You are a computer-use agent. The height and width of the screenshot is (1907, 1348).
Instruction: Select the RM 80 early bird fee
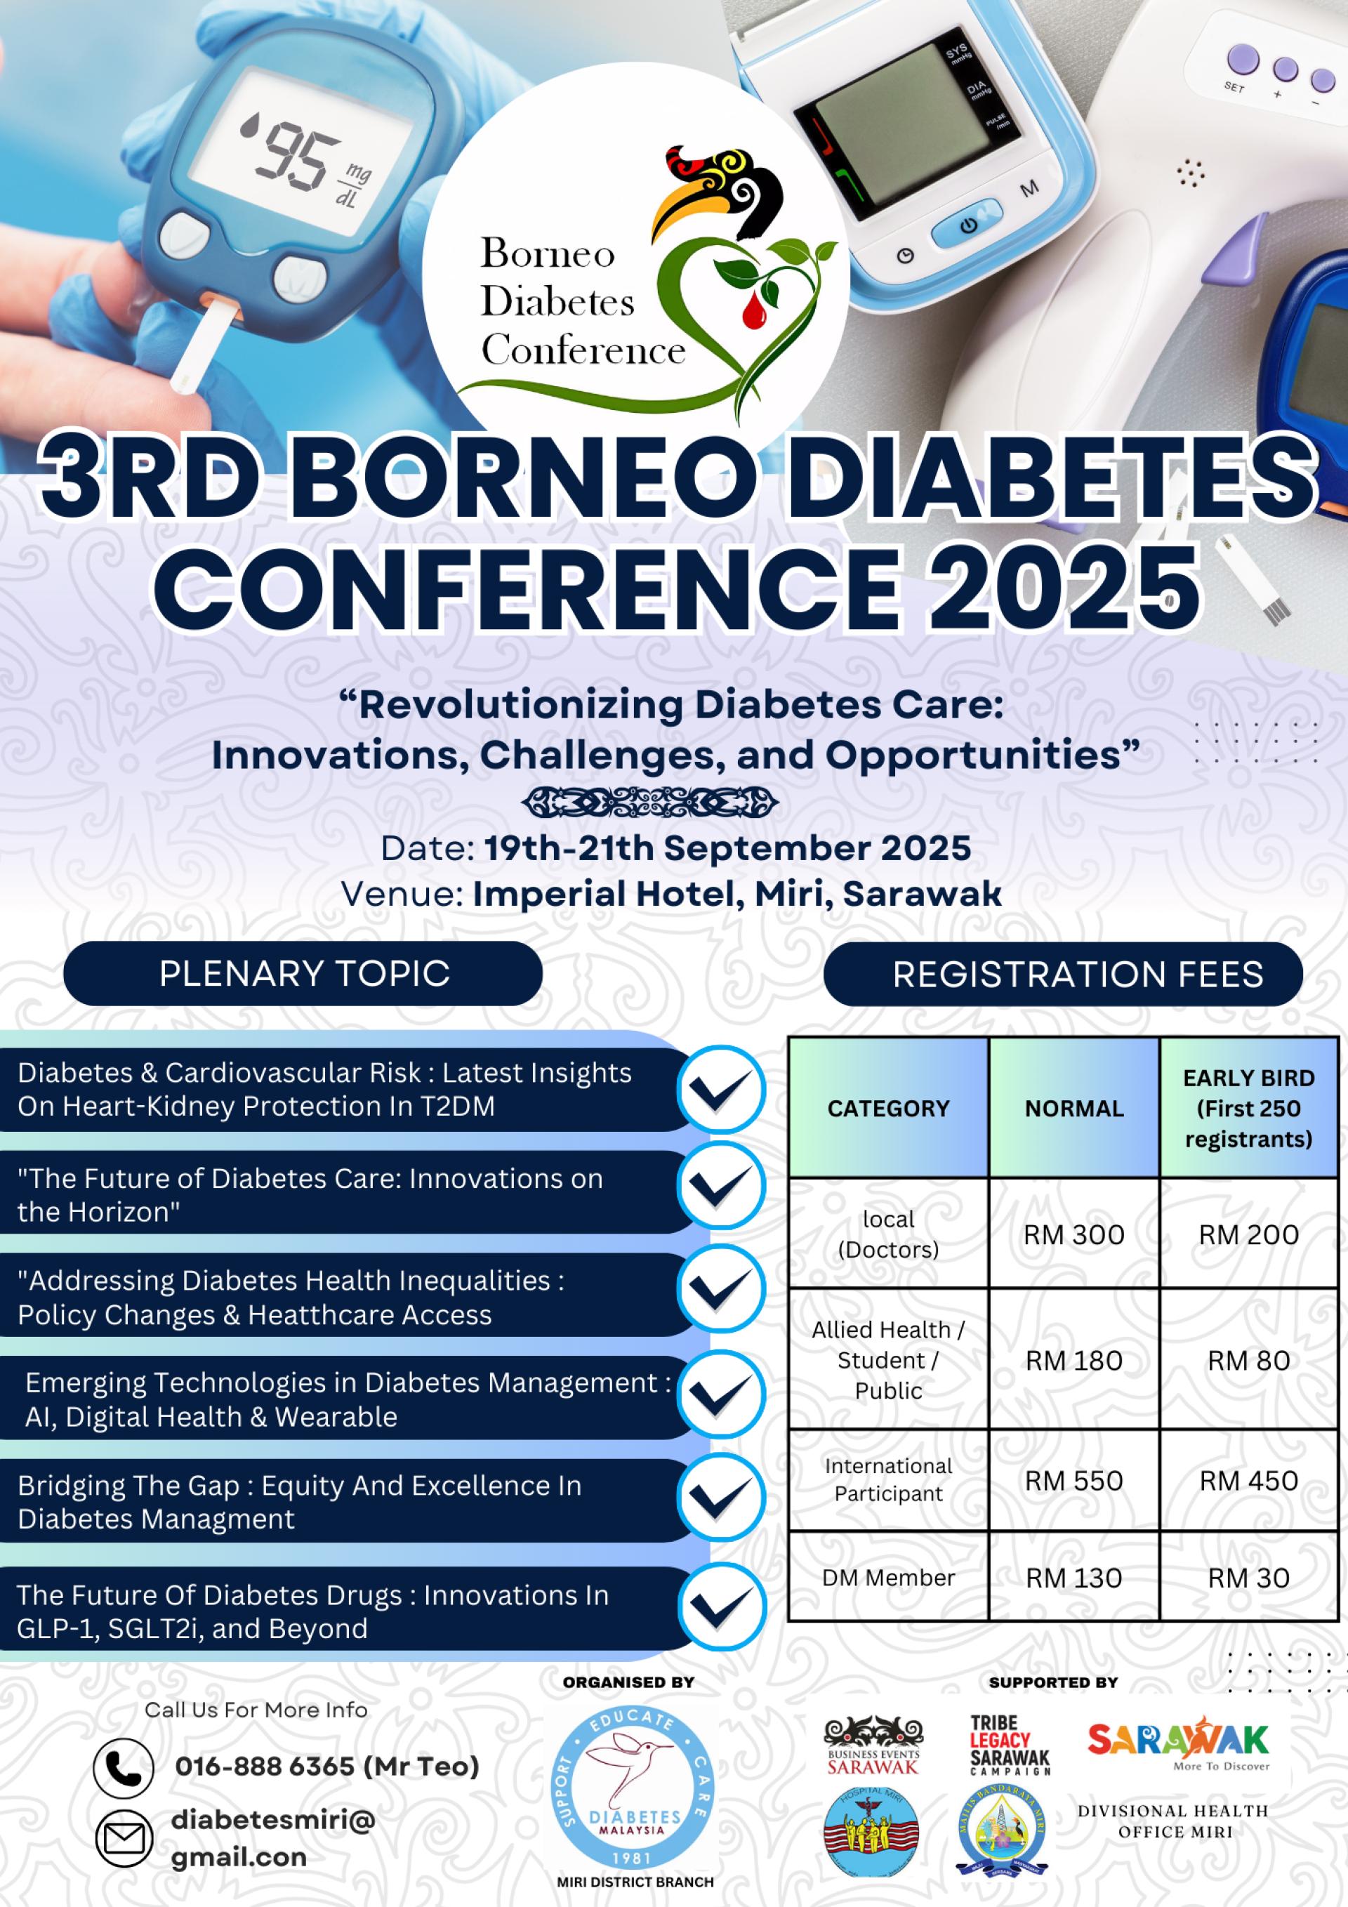pyautogui.click(x=1248, y=1361)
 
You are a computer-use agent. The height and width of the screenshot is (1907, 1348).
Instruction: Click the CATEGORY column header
pyautogui.click(x=888, y=1108)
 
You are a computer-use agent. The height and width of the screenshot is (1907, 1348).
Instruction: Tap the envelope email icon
pyautogui.click(x=124, y=1838)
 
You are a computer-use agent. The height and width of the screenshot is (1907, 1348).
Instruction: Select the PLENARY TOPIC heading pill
pyautogui.click(x=303, y=973)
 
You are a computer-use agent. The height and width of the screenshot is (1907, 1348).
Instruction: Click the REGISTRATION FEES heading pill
pyautogui.click(x=1063, y=973)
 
